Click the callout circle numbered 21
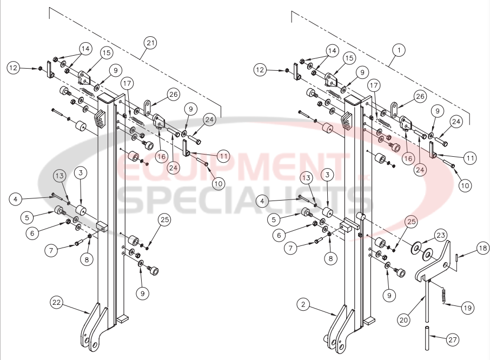[151, 43]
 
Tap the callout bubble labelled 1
[399, 50]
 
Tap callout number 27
[452, 339]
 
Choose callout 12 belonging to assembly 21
[14, 68]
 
